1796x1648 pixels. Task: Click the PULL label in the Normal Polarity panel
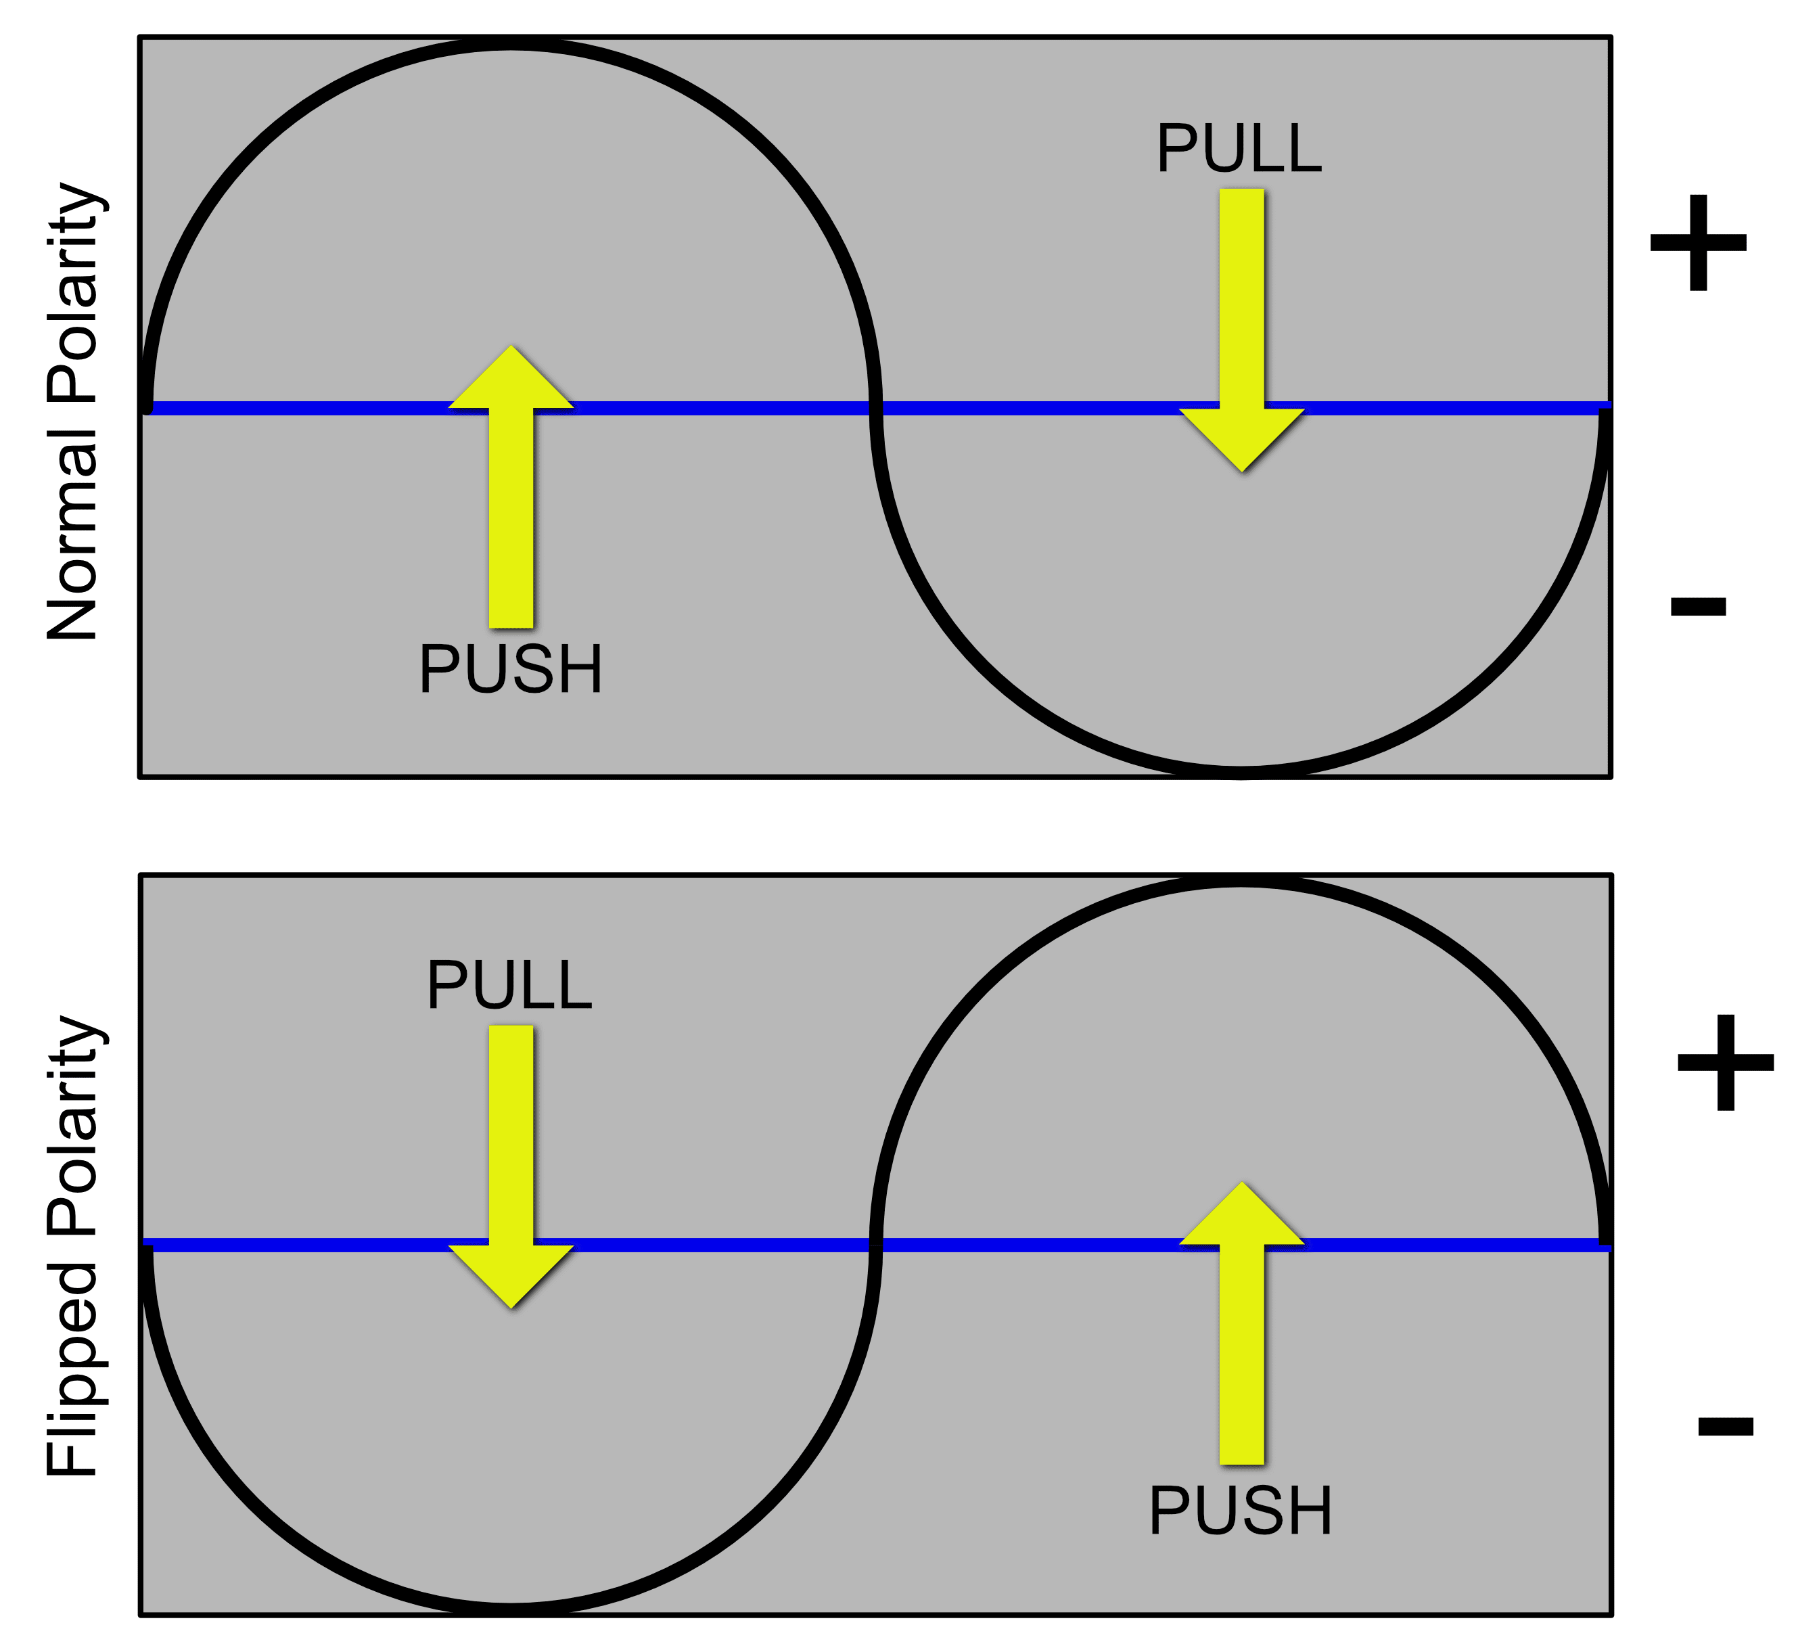point(1239,149)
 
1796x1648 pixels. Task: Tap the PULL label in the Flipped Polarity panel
point(509,986)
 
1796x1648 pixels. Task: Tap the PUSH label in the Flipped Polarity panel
point(1241,1510)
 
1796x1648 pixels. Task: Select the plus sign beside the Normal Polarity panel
point(1697,243)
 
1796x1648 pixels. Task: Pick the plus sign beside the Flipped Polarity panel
point(1725,1062)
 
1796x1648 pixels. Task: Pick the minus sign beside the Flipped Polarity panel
point(1725,1426)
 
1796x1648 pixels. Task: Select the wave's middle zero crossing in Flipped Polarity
point(876,1244)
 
